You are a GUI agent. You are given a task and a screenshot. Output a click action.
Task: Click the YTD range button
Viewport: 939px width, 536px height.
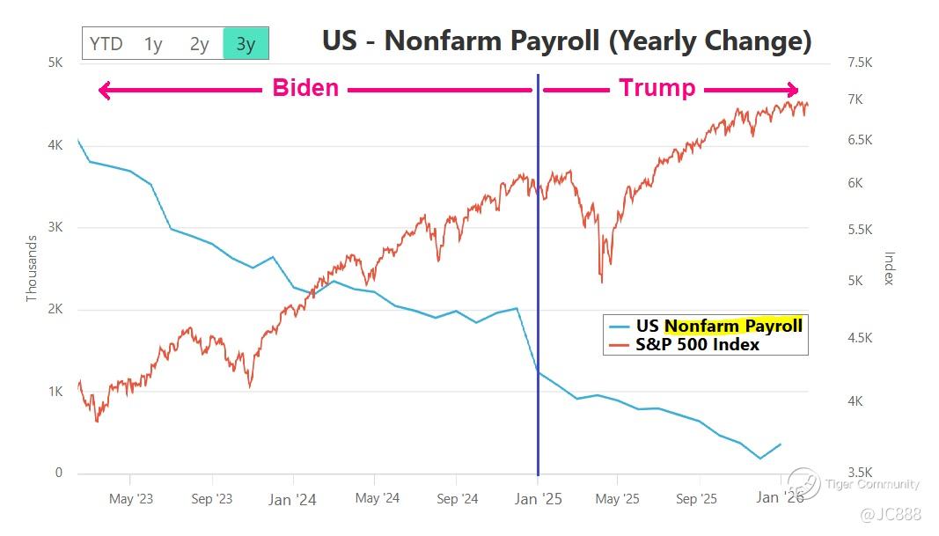pyautogui.click(x=106, y=43)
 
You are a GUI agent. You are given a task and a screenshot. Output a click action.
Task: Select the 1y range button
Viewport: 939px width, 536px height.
pyautogui.click(x=153, y=43)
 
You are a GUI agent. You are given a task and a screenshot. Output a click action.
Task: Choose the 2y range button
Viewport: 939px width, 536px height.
pyautogui.click(x=199, y=43)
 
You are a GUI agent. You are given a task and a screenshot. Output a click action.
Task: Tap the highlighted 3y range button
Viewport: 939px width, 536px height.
pyautogui.click(x=246, y=43)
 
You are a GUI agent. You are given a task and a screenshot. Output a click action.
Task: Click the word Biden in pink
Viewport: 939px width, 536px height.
pyautogui.click(x=304, y=88)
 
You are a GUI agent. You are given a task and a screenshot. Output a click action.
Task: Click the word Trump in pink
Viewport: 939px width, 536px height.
pyautogui.click(x=657, y=88)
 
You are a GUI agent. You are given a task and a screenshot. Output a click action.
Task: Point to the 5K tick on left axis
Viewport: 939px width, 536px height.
pyautogui.click(x=55, y=63)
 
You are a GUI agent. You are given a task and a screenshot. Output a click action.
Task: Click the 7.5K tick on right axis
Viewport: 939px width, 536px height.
pyautogui.click(x=858, y=63)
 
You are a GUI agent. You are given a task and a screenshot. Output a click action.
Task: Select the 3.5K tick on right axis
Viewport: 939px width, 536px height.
pyautogui.click(x=858, y=473)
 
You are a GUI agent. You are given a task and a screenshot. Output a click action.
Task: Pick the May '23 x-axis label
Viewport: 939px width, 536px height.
pyautogui.click(x=130, y=499)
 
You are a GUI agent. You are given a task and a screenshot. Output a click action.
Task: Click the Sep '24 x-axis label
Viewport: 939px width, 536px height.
pyautogui.click(x=457, y=499)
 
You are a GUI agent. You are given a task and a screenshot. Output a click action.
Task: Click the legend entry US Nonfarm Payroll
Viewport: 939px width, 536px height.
pyautogui.click(x=718, y=326)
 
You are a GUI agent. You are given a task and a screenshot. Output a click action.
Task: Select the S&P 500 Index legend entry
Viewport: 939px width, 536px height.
pyautogui.click(x=697, y=344)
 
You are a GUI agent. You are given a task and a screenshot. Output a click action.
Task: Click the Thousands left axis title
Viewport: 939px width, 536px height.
pyautogui.click(x=32, y=268)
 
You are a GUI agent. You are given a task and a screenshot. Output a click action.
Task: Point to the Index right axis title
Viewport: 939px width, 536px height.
pyautogui.click(x=889, y=268)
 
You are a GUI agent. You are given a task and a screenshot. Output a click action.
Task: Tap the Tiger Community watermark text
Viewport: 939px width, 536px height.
pyautogui.click(x=871, y=483)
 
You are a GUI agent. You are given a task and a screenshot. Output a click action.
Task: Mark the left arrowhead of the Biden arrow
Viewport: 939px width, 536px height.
pyautogui.click(x=103, y=90)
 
